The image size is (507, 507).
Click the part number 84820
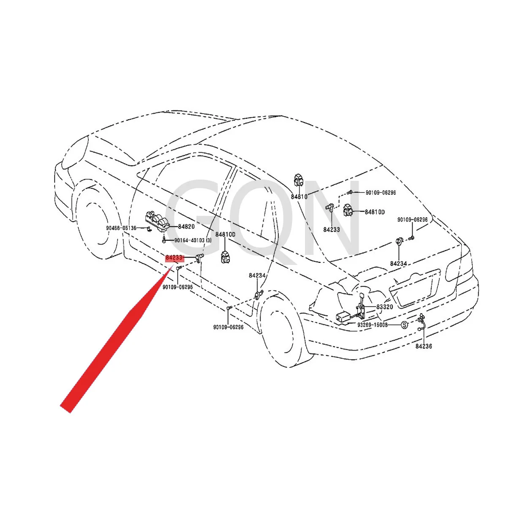point(186,227)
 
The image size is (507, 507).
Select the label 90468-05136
point(121,229)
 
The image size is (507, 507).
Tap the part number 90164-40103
point(190,240)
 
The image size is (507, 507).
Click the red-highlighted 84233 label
point(174,257)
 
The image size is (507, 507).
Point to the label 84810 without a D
point(299,197)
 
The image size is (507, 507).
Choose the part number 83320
point(384,307)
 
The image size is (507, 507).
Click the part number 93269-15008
point(372,325)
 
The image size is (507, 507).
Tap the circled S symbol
point(404,325)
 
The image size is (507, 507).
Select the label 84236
point(423,346)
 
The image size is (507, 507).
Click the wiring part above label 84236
point(421,322)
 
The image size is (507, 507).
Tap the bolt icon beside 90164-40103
point(164,240)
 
